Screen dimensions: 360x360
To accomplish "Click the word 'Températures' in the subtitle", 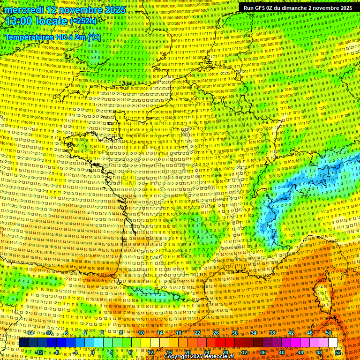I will (x=30, y=37).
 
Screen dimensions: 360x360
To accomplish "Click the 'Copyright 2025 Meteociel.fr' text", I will (x=202, y=356).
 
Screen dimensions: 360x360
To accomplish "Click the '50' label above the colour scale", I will (x=329, y=333).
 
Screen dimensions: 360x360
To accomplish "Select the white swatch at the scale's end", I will (x=333, y=343).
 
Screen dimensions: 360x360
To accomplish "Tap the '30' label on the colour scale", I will (x=235, y=333).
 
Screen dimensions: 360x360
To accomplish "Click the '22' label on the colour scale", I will (x=197, y=333).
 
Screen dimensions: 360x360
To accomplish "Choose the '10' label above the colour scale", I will (x=141, y=333).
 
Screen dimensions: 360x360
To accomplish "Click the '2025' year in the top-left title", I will (x=114, y=10).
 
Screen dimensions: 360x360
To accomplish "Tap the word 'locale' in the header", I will (x=52, y=22).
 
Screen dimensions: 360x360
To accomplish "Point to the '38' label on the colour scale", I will (x=272, y=333).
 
